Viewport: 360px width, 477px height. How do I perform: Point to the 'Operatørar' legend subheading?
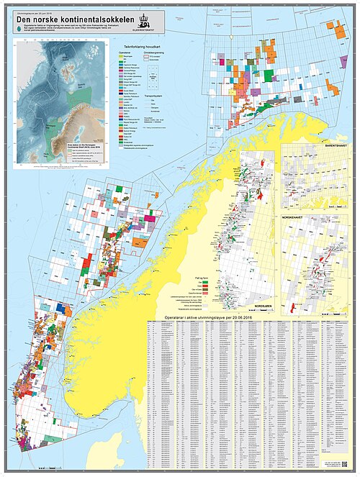click(125, 52)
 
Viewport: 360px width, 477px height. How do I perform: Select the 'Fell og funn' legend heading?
click(205, 276)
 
